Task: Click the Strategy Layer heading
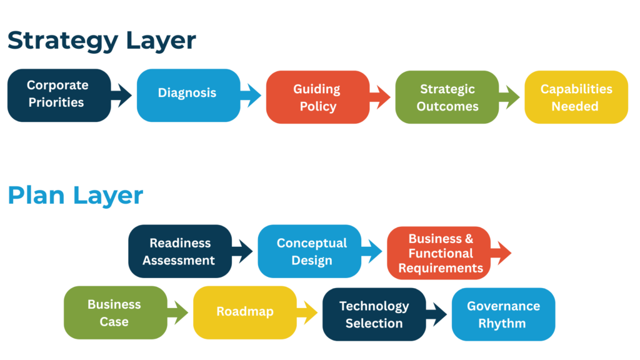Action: pyautogui.click(x=101, y=40)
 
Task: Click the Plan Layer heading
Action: pyautogui.click(x=75, y=195)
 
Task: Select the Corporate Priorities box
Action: pyautogui.click(x=58, y=94)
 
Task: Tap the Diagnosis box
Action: pyautogui.click(x=187, y=94)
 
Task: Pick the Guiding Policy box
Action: pyautogui.click(x=317, y=97)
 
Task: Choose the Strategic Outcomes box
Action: pyautogui.click(x=447, y=97)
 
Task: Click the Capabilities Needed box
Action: pyautogui.click(x=576, y=97)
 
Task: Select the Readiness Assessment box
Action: pyautogui.click(x=179, y=251)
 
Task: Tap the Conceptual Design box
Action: pyautogui.click(x=310, y=251)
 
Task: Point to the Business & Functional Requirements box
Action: pyautogui.click(x=439, y=253)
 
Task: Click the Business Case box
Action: pyautogui.click(x=115, y=312)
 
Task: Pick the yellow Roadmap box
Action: pyautogui.click(x=244, y=312)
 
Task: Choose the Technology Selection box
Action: pyautogui.click(x=374, y=314)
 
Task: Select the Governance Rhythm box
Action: pyautogui.click(x=503, y=314)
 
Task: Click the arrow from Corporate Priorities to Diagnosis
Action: pyautogui.click(x=123, y=96)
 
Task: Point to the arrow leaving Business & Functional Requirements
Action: pyautogui.click(x=501, y=253)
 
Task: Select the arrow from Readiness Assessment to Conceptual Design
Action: pyautogui.click(x=243, y=252)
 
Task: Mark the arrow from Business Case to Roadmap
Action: pyautogui.click(x=179, y=312)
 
